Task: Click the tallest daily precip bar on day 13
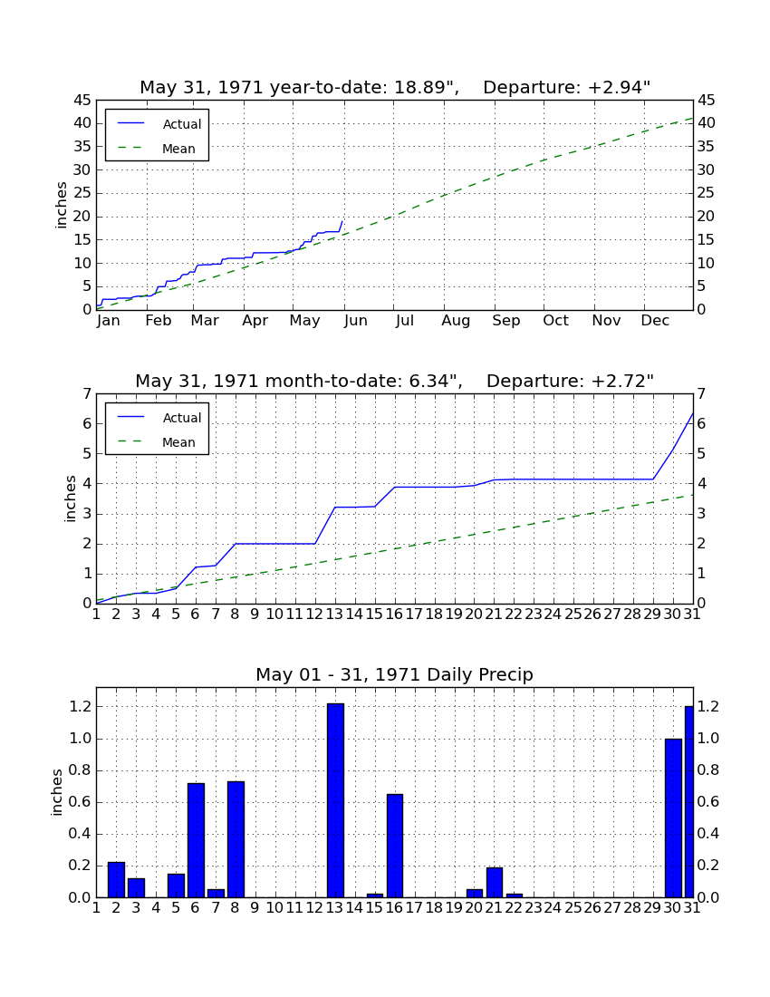[335, 800]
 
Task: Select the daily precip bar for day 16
[395, 846]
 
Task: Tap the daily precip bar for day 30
[673, 818]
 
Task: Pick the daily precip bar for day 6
[196, 840]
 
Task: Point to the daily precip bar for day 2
[116, 880]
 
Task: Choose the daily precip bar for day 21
[495, 883]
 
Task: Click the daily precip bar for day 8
[236, 839]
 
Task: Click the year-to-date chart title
[395, 87]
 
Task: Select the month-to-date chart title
[395, 381]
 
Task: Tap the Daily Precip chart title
[395, 674]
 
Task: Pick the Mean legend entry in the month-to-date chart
[157, 442]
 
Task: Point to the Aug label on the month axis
[457, 321]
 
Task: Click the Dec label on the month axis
[655, 321]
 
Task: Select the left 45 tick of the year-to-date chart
[82, 101]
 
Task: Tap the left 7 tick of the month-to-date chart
[87, 394]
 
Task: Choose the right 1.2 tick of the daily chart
[708, 706]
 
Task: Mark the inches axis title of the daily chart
[57, 792]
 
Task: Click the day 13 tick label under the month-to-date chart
[335, 615]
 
